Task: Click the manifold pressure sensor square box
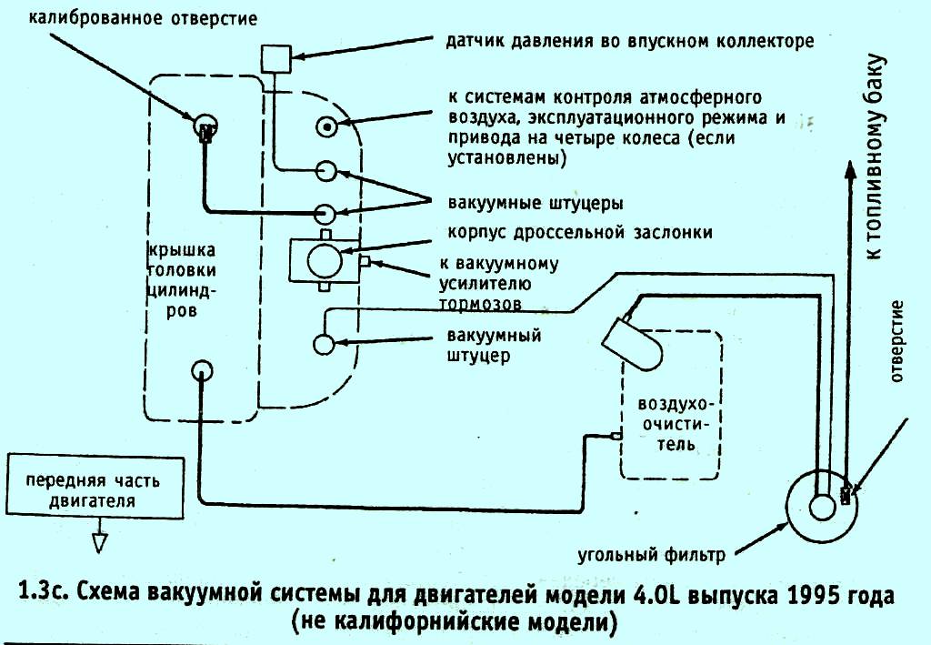click(x=274, y=59)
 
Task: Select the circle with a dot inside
click(x=326, y=126)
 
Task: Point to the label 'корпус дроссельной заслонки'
click(x=579, y=232)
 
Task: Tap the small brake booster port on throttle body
click(x=364, y=262)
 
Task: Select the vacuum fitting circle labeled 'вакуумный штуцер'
click(x=324, y=344)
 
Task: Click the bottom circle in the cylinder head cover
click(x=202, y=370)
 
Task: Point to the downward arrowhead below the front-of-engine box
click(x=101, y=542)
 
